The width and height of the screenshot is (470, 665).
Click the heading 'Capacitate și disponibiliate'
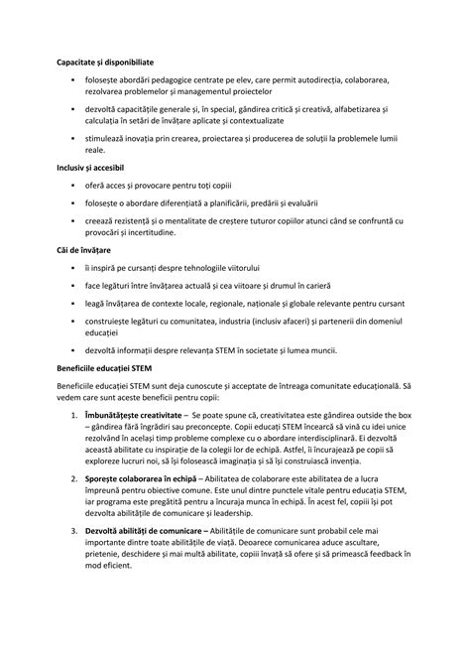[105, 62]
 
